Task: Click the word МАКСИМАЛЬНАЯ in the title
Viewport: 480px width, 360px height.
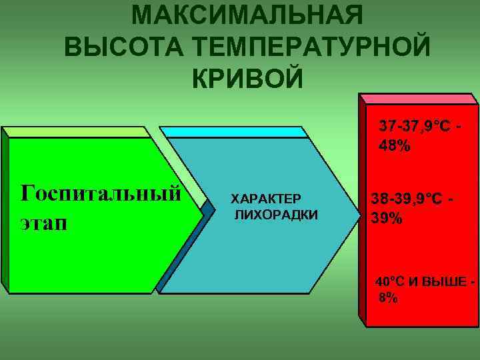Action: click(247, 15)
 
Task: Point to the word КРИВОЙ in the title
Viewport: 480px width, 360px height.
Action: click(247, 78)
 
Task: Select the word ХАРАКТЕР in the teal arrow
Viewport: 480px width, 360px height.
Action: click(266, 199)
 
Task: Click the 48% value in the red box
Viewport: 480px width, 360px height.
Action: click(395, 145)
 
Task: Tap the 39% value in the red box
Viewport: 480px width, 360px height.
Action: click(387, 218)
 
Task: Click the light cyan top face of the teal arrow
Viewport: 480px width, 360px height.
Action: click(237, 132)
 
